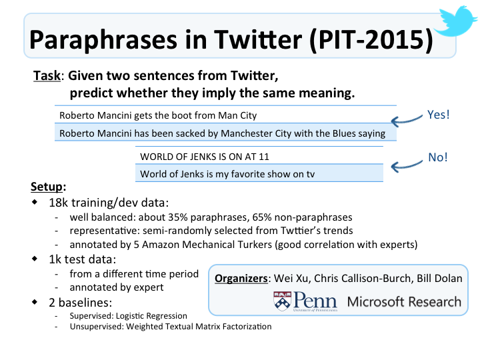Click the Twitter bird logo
pyautogui.click(x=457, y=22)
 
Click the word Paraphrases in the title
pyautogui.click(x=103, y=40)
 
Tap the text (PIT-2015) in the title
pyautogui.click(x=371, y=40)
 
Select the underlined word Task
pyautogui.click(x=47, y=75)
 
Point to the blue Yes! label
pyautogui.click(x=439, y=115)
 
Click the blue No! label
pyautogui.click(x=438, y=157)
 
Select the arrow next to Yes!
pyautogui.click(x=407, y=121)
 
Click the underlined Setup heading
pyautogui.click(x=47, y=187)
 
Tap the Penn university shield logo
pyautogui.click(x=282, y=301)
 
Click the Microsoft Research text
pyautogui.click(x=404, y=302)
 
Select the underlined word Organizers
pyautogui.click(x=241, y=279)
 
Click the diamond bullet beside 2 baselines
pyautogui.click(x=35, y=302)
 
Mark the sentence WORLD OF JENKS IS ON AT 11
pyautogui.click(x=205, y=157)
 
